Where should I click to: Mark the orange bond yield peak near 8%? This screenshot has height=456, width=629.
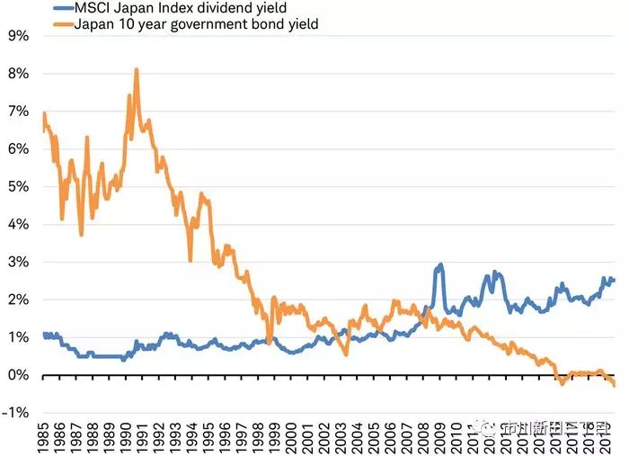136,70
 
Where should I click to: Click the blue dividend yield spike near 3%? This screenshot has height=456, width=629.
440,265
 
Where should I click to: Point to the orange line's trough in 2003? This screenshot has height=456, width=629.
346,353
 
